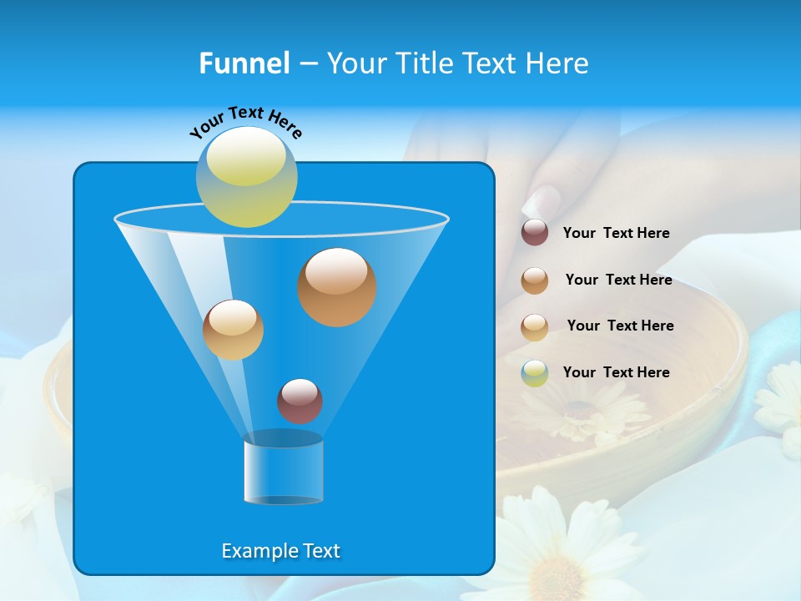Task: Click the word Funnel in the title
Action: click(244, 63)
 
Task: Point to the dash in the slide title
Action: click(308, 64)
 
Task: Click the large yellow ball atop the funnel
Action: click(246, 176)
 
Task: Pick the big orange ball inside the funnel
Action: click(336, 286)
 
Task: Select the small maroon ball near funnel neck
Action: click(300, 401)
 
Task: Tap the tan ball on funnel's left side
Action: click(233, 330)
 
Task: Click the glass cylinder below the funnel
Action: click(283, 471)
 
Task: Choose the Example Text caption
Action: click(280, 551)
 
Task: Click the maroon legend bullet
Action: click(534, 233)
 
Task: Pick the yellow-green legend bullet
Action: click(534, 373)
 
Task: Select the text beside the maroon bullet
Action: click(616, 234)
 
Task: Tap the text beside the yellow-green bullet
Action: click(616, 372)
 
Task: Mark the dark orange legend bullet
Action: click(534, 280)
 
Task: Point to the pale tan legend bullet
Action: click(534, 326)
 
